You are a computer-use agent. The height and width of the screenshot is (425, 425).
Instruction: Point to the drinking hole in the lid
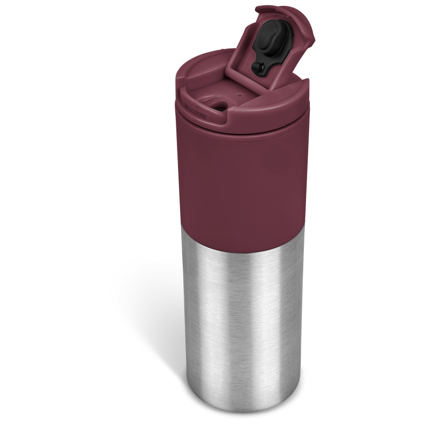(x=219, y=106)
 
